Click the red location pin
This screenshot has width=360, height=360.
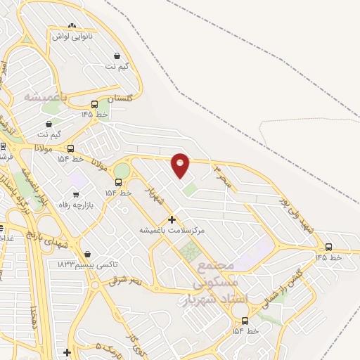coord(181,165)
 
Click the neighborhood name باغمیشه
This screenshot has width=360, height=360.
coord(45,96)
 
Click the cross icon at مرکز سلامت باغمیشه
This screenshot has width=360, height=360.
coord(172,219)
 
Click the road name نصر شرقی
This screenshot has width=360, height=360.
coord(125,281)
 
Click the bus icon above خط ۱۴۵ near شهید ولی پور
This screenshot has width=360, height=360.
coord(329,247)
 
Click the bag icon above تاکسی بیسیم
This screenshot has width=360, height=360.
coord(87,255)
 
